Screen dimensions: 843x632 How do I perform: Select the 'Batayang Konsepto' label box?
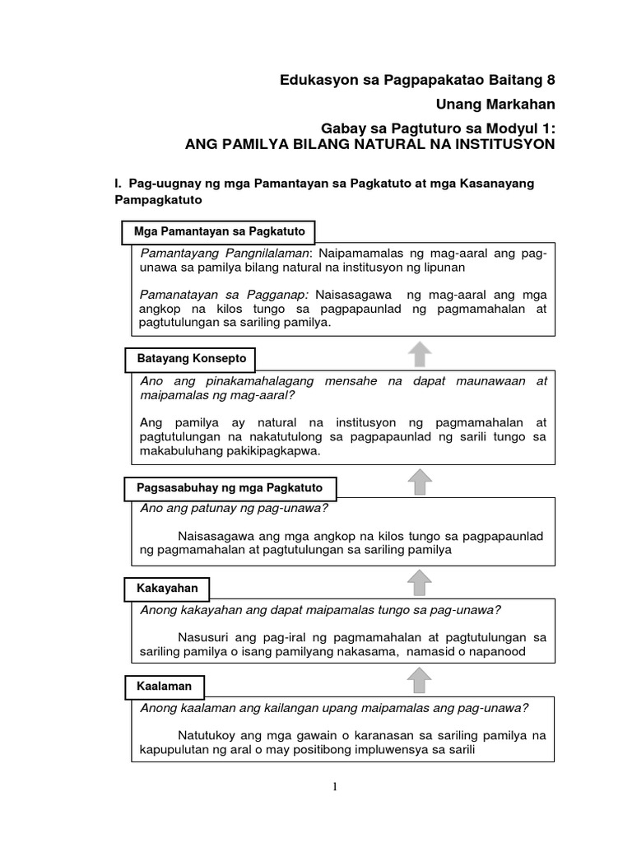190,360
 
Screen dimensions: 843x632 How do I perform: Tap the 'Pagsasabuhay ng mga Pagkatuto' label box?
230,487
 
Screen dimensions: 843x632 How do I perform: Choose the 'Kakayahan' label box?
167,589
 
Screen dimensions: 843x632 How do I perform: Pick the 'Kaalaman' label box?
164,686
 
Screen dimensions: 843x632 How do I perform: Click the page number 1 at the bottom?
336,787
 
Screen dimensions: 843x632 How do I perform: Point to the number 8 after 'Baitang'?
551,80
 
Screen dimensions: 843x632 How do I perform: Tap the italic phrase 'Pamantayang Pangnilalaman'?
224,253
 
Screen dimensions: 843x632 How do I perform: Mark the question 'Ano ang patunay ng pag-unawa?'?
235,507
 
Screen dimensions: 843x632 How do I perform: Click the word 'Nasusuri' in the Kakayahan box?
202,637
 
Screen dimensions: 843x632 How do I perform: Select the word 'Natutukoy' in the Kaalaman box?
207,735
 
